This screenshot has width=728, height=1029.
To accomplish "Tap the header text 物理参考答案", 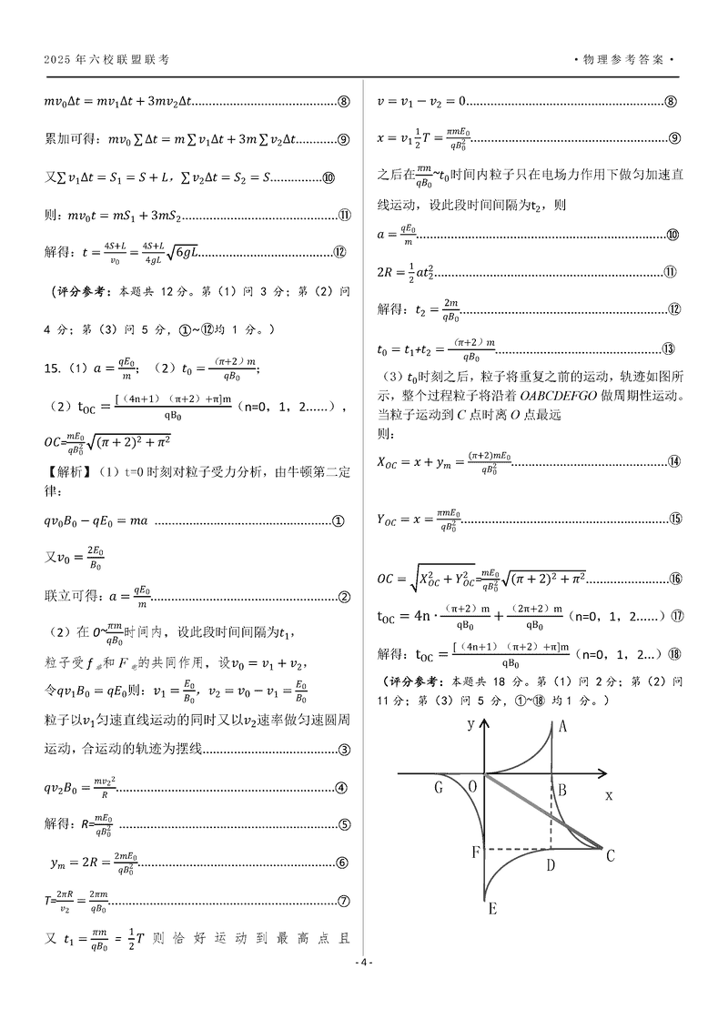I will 625,60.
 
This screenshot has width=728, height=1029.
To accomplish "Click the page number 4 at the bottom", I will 364,963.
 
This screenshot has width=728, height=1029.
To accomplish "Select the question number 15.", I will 53,368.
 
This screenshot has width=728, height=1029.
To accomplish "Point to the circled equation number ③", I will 344,750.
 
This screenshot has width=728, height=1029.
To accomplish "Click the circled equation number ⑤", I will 344,826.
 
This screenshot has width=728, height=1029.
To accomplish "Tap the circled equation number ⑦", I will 344,902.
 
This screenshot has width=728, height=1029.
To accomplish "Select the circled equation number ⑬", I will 668,349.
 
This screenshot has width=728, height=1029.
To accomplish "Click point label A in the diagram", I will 563,726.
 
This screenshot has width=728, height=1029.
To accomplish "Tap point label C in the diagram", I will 612,854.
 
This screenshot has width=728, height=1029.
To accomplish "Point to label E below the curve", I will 492,909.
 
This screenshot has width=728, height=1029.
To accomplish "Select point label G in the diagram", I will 438,787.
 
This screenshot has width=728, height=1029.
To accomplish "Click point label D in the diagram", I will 551,864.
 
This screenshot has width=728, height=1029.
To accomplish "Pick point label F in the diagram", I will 475,852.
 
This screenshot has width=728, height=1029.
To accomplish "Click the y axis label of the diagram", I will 470,725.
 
